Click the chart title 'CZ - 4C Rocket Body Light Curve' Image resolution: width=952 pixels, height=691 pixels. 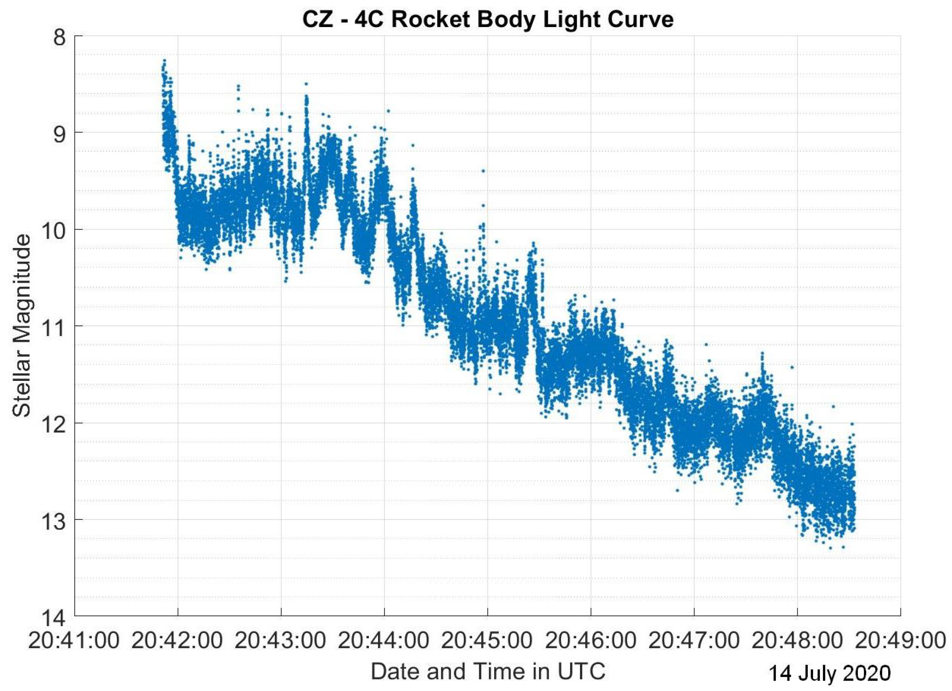(488, 20)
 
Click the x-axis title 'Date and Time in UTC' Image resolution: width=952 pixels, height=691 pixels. (488, 671)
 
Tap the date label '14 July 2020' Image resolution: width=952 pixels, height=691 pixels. (829, 674)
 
